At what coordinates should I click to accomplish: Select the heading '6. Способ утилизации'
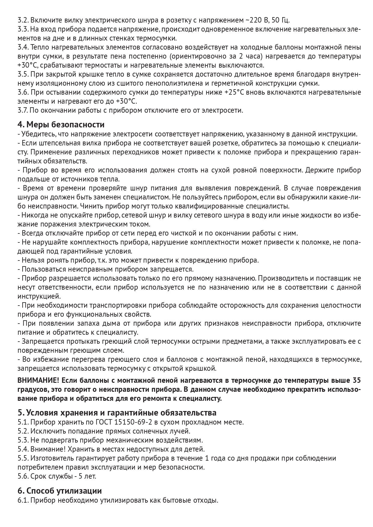click(60, 491)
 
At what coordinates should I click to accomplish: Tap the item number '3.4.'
click(23, 47)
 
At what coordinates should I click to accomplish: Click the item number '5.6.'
click(23, 476)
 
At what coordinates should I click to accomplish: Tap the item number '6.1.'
click(23, 501)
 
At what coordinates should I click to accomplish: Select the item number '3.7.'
click(23, 110)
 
